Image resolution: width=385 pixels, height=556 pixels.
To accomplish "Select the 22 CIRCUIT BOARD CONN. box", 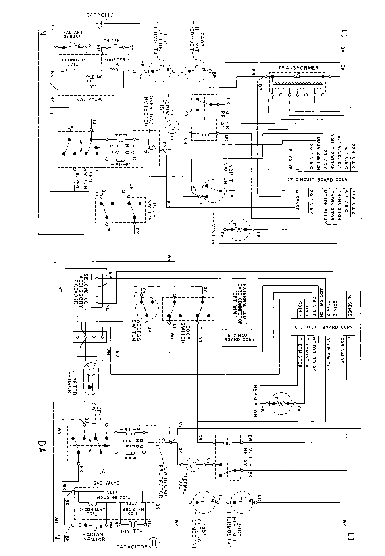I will (x=318, y=179).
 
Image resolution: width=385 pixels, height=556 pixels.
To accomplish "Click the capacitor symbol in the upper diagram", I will (x=103, y=24).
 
